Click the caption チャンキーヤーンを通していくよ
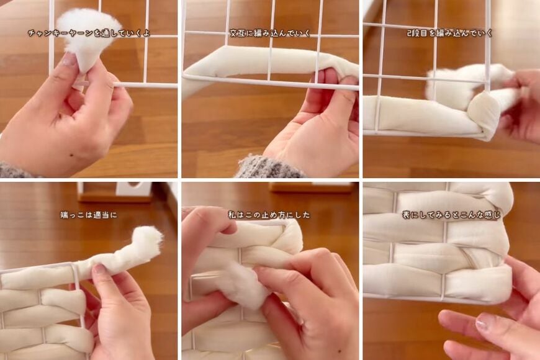pos(88,33)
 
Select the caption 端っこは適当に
pos(88,215)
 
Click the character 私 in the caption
pos(232,215)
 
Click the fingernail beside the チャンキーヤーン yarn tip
pos(70,60)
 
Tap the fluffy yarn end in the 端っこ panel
pos(147,239)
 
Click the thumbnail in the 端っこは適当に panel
pos(99,271)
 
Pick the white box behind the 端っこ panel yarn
pos(133,189)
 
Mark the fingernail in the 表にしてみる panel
pos(485,321)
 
